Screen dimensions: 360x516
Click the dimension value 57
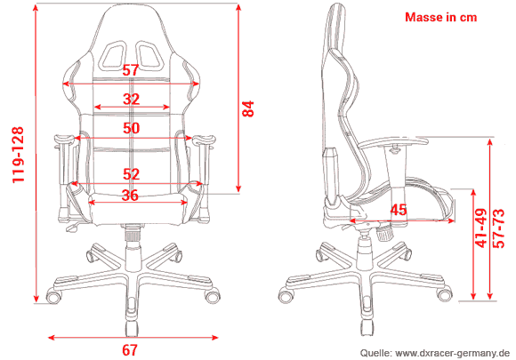coord(131,70)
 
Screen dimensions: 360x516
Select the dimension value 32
coord(131,99)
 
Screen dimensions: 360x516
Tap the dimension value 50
coord(131,128)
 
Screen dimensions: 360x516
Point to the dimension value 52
coord(131,174)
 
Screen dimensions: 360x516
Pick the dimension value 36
coord(131,196)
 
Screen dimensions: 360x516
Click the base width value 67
coord(131,349)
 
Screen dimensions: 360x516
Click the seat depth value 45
coord(399,210)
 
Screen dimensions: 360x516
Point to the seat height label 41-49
coord(480,229)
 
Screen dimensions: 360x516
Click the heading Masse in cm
coord(440,17)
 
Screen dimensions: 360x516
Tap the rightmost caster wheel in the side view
coord(439,294)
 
